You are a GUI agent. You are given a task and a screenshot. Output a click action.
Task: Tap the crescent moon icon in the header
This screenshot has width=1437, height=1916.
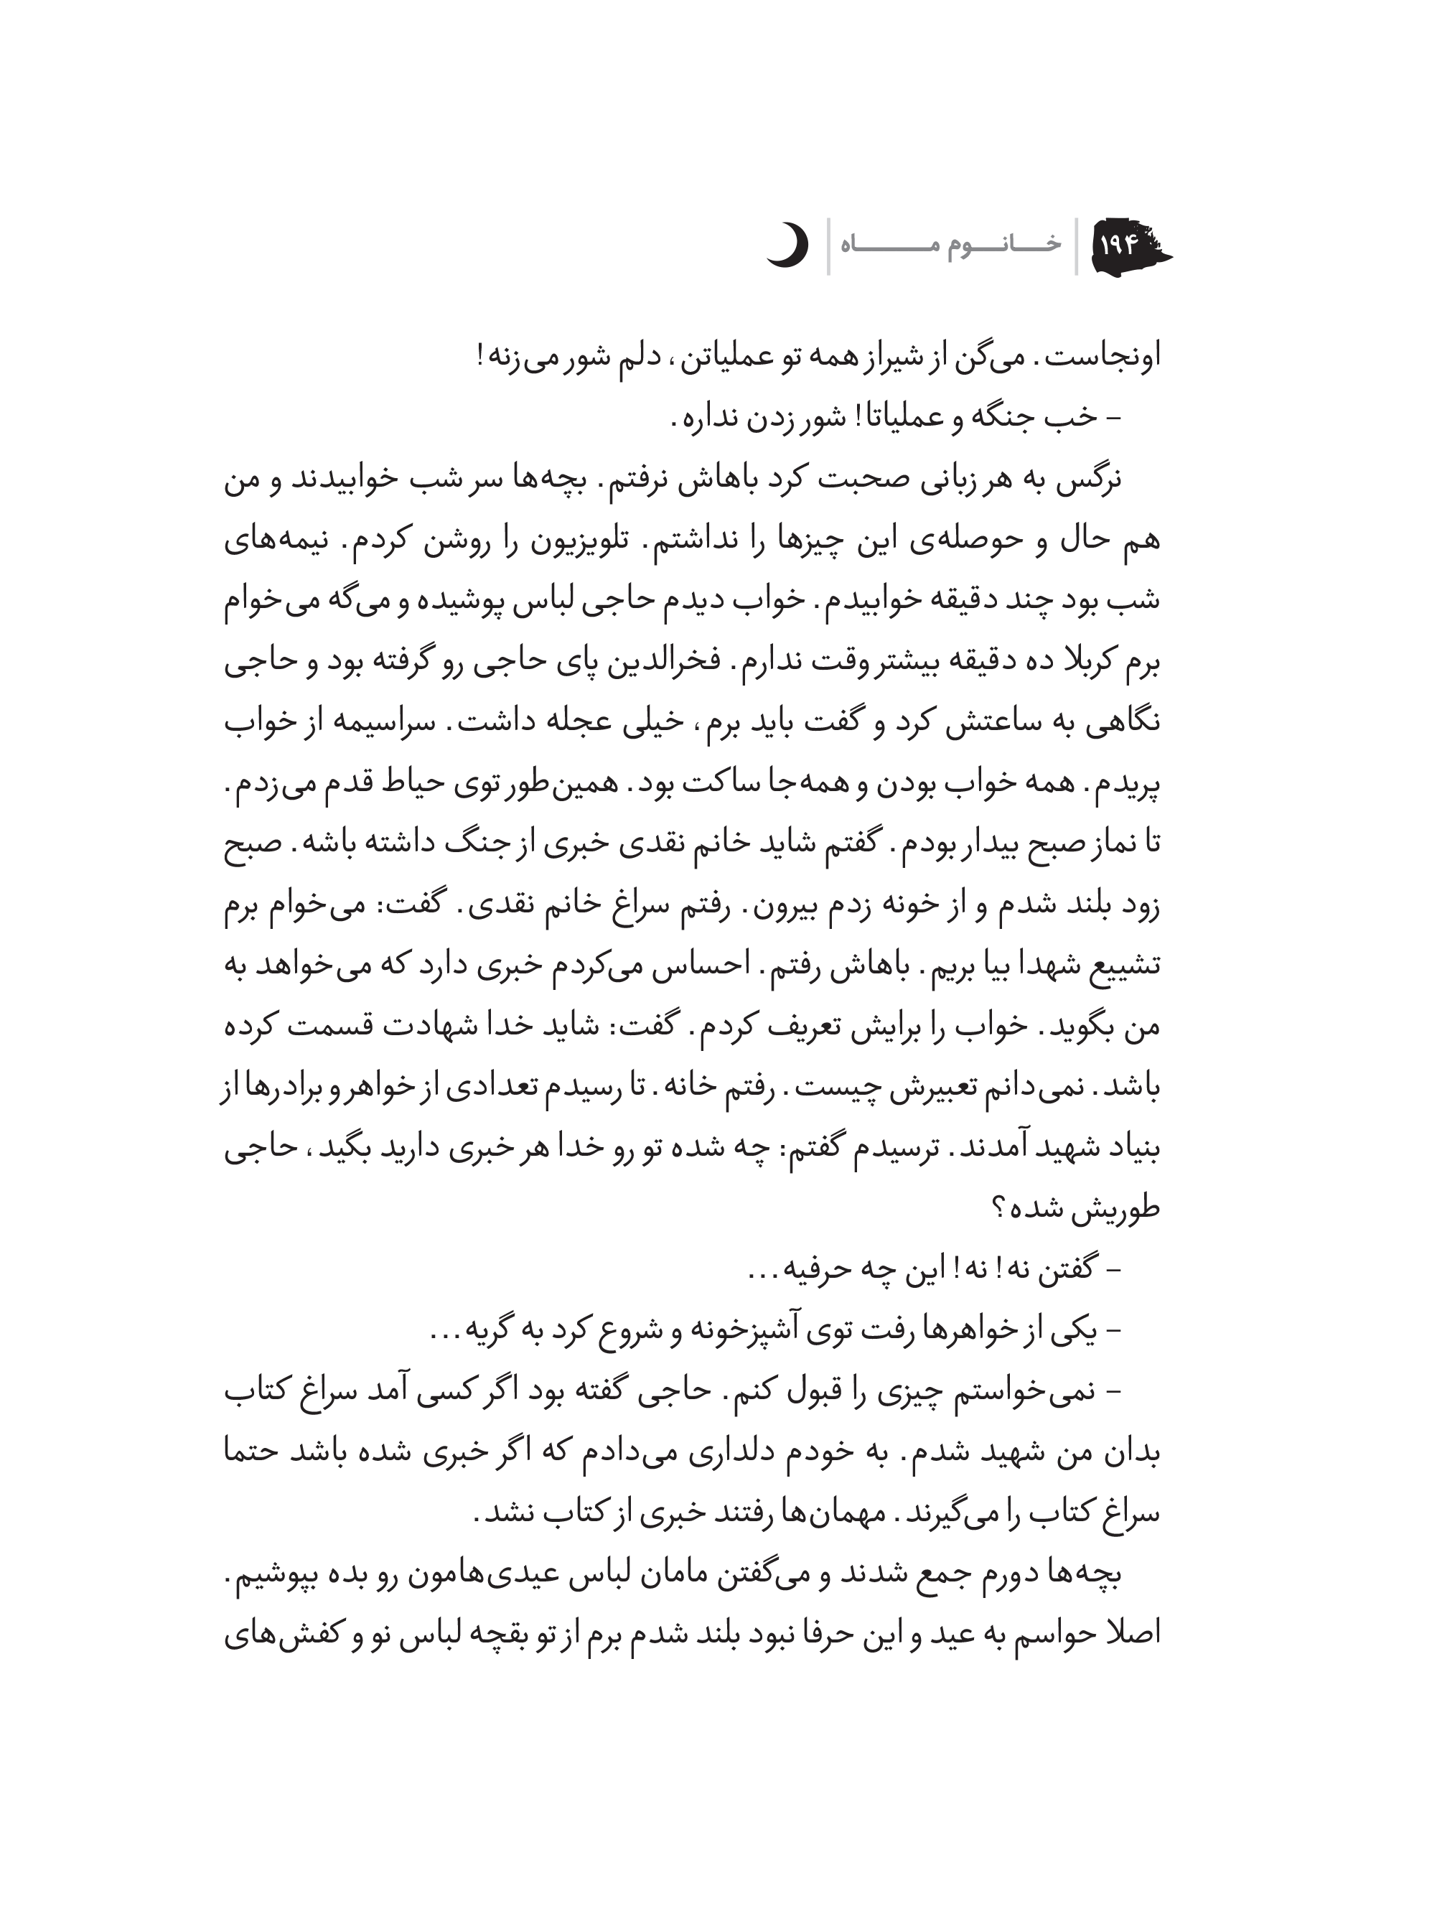787,245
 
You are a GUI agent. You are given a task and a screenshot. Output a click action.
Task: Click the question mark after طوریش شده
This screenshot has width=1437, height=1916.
997,1208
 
